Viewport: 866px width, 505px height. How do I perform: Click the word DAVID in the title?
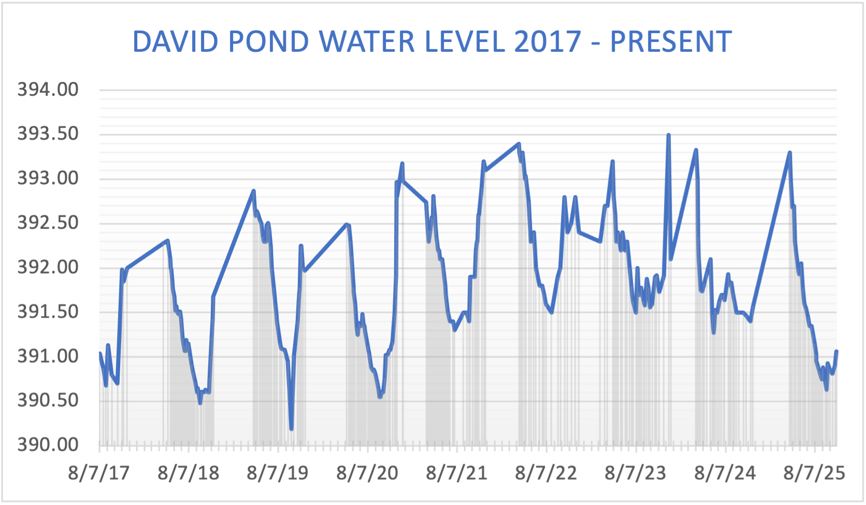(175, 42)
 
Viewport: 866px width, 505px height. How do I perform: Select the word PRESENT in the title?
(671, 42)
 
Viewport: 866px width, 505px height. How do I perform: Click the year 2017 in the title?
(548, 42)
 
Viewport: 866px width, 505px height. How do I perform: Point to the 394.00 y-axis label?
(48, 90)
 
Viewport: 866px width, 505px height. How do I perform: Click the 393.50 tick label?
(48, 134)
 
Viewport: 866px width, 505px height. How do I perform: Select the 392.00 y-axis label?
(48, 267)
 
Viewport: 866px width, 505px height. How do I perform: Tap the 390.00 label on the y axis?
(48, 444)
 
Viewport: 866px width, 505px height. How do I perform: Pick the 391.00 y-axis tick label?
(48, 356)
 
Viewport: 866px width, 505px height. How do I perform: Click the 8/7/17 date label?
(98, 473)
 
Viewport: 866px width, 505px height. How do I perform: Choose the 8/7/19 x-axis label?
(278, 473)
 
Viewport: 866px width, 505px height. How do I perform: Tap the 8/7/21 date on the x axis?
(457, 473)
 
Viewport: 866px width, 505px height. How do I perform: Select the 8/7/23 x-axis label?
(636, 473)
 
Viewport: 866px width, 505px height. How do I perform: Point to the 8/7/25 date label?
(814, 473)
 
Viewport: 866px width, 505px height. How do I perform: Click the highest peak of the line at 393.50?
(668, 136)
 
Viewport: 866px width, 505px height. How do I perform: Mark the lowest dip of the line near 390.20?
(292, 428)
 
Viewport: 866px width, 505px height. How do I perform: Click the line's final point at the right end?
(836, 352)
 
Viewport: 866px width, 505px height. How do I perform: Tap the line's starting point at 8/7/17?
(99, 353)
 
